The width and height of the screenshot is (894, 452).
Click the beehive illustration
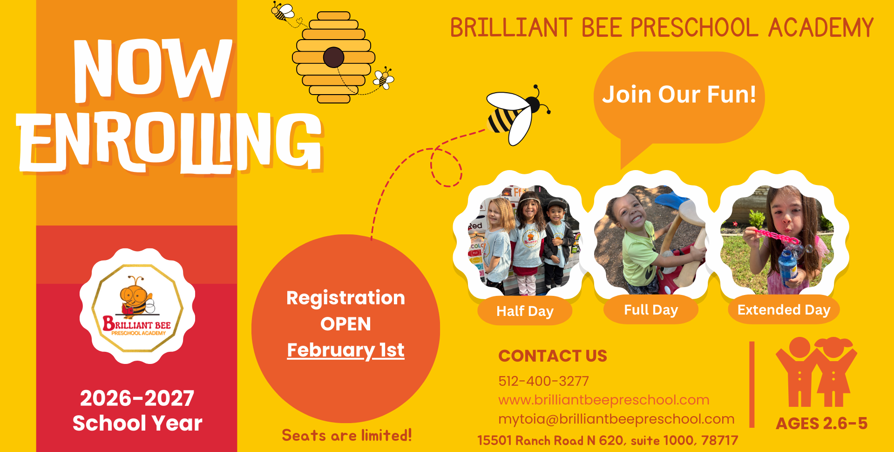[x=333, y=57]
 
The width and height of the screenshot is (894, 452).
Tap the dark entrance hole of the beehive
[x=333, y=57]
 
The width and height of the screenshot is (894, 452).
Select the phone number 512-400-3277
[x=543, y=381]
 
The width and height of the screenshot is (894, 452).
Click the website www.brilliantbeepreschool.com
[x=604, y=400]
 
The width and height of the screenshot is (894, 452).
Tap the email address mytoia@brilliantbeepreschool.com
[x=616, y=419]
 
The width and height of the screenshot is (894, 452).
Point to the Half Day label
[x=525, y=311]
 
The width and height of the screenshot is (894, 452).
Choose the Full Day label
[x=651, y=310]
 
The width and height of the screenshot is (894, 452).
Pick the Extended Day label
[x=784, y=310]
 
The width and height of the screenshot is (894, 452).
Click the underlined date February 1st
[x=345, y=350]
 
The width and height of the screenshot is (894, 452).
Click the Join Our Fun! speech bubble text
[x=679, y=94]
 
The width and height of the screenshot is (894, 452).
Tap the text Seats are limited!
[x=347, y=435]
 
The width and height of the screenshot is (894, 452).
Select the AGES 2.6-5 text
[x=821, y=424]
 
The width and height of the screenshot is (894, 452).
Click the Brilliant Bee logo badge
[x=137, y=306]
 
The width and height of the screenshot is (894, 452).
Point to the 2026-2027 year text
[x=137, y=398]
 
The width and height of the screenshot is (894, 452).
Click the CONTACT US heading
[x=553, y=356]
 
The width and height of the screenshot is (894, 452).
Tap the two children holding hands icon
[x=816, y=372]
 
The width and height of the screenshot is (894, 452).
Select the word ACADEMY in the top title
[x=821, y=27]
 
